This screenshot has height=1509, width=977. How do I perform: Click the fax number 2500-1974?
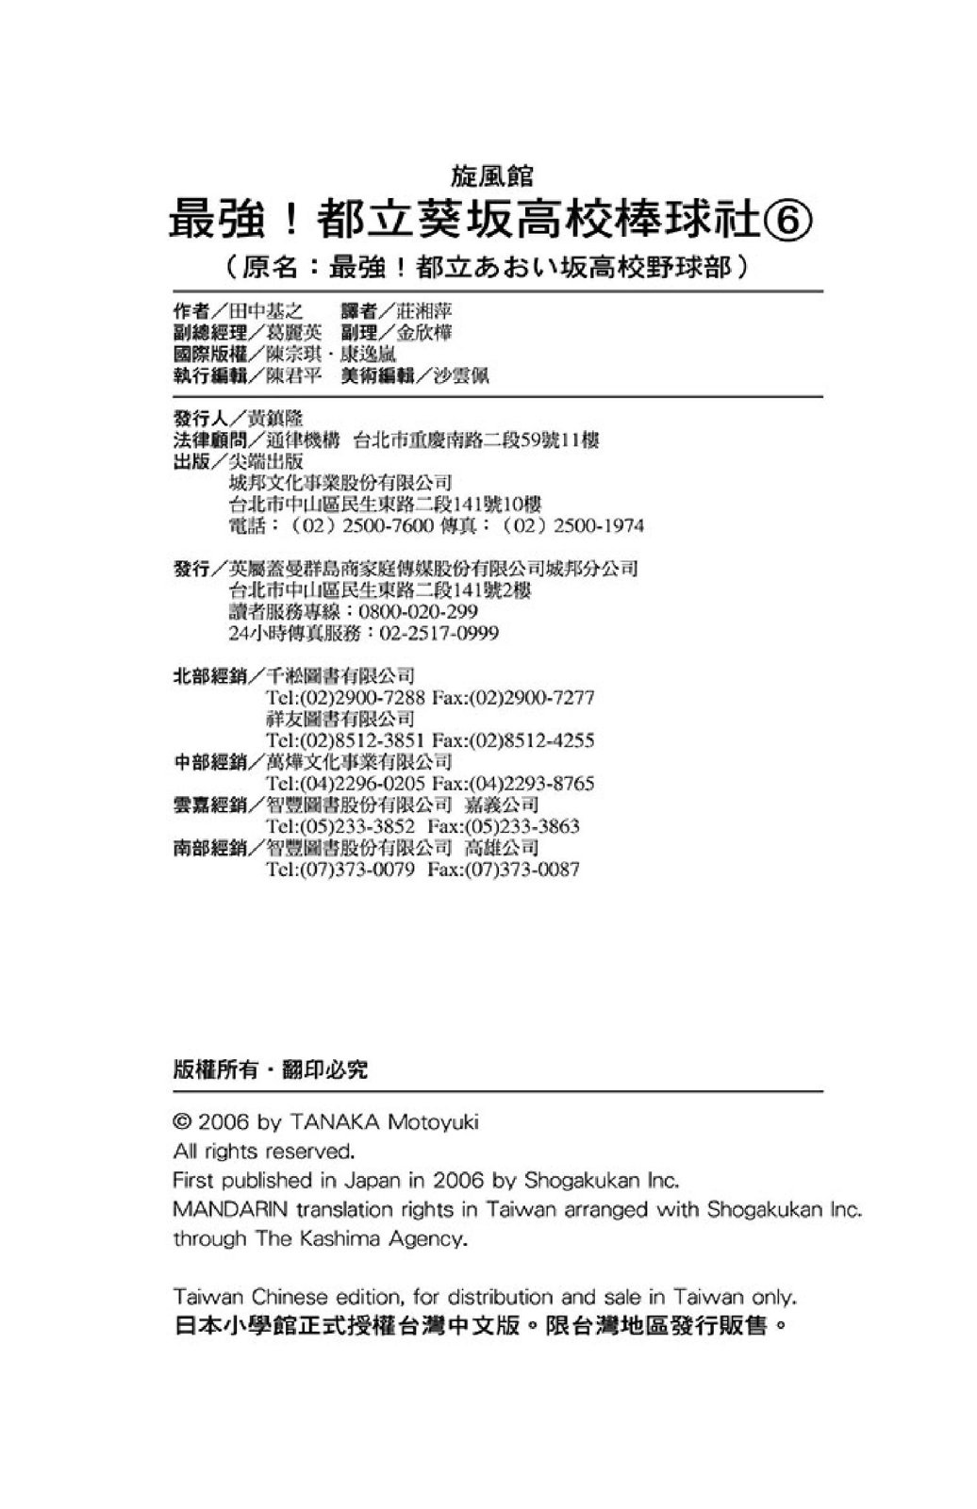[598, 525]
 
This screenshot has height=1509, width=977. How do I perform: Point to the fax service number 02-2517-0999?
[439, 634]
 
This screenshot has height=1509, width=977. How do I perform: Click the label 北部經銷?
[209, 676]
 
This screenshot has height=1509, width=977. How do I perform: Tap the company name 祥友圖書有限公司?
[340, 719]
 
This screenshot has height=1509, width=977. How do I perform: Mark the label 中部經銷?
[209, 762]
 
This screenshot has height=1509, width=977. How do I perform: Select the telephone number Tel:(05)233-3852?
[340, 827]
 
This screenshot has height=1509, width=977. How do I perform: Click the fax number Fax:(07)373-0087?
[504, 870]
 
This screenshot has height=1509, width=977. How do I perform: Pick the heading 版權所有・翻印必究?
[271, 1070]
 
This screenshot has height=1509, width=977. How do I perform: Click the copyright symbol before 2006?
[183, 1122]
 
